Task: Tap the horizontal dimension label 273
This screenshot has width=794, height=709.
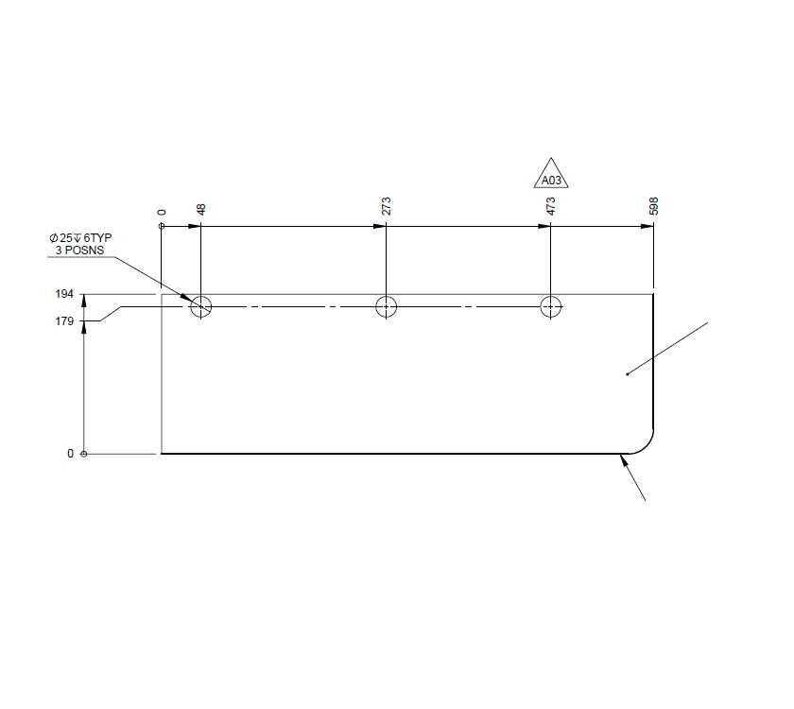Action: coord(386,207)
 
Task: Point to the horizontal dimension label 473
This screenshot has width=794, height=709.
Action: coord(550,207)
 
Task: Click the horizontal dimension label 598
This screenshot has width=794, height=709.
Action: coord(653,207)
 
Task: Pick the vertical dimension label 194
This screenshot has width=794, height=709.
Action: coord(63,295)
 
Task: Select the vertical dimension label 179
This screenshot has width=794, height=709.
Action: coord(63,322)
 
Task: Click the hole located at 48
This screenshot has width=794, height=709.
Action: coord(200,306)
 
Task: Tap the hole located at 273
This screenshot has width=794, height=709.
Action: coord(386,306)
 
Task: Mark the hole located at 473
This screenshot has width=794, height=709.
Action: coord(550,306)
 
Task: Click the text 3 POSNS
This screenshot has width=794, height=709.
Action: coord(78,250)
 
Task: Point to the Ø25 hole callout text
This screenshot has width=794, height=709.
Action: coord(80,237)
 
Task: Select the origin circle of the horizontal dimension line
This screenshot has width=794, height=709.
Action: coord(163,227)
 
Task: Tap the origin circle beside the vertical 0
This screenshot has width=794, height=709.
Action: coord(85,454)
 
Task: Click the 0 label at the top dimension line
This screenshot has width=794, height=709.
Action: coord(163,214)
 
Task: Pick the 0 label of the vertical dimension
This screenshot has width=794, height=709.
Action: coord(70,454)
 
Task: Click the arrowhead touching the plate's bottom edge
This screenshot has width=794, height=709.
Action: coord(624,460)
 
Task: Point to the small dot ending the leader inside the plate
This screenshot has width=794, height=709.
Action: coord(628,374)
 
